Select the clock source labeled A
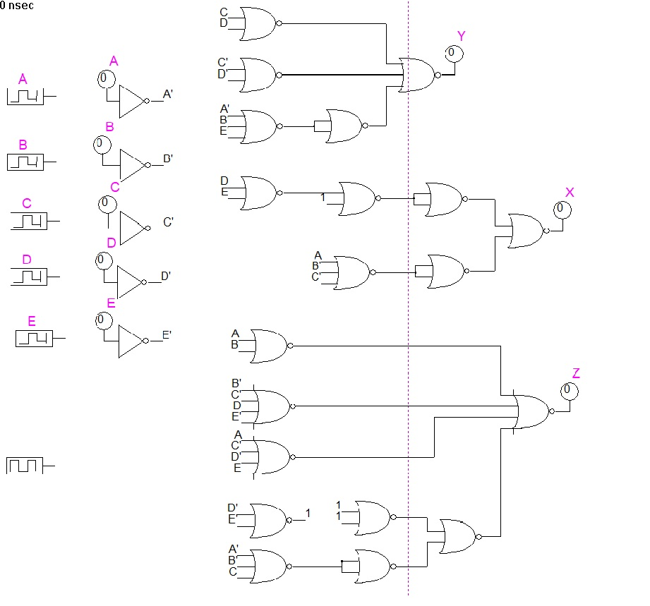pyautogui.click(x=25, y=95)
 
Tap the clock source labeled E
pyautogui.click(x=35, y=339)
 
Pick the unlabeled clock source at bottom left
pyautogui.click(x=25, y=466)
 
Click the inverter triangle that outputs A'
pyautogui.click(x=131, y=102)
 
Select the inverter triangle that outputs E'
pyautogui.click(x=131, y=341)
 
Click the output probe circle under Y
pyautogui.click(x=453, y=53)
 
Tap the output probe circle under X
pyautogui.click(x=562, y=210)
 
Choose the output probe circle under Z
pyautogui.click(x=569, y=391)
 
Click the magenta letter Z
pyautogui.click(x=576, y=373)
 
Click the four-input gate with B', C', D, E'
pyautogui.click(x=272, y=406)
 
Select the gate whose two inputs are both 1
pyautogui.click(x=373, y=519)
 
